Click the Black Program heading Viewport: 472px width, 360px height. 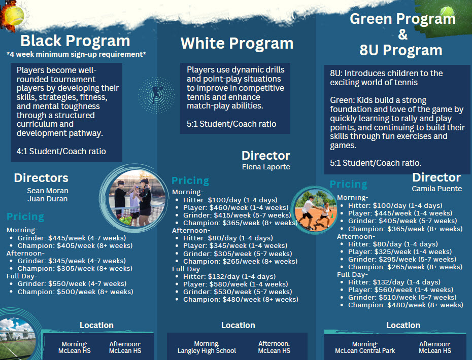pyautogui.click(x=75, y=41)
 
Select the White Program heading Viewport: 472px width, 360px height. pyautogui.click(x=237, y=44)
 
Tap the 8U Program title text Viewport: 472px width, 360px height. pyautogui.click(x=400, y=50)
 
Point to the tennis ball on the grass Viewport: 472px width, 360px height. pyautogui.click(x=447, y=12)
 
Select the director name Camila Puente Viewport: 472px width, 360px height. pyautogui.click(x=436, y=189)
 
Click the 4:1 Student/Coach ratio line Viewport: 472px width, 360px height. pyautogui.click(x=61, y=151)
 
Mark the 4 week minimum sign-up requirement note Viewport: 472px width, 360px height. pyautogui.click(x=76, y=54)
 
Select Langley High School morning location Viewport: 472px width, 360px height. pyautogui.click(x=207, y=350)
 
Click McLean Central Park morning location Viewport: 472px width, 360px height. pyautogui.click(x=365, y=350)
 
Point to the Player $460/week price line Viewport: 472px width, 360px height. pyautogui.click(x=235, y=207)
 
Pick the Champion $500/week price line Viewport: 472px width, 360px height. pyautogui.click(x=75, y=292)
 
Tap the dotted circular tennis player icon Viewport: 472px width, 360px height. pyautogui.click(x=156, y=94)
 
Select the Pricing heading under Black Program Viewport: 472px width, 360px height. pyautogui.click(x=25, y=217)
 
